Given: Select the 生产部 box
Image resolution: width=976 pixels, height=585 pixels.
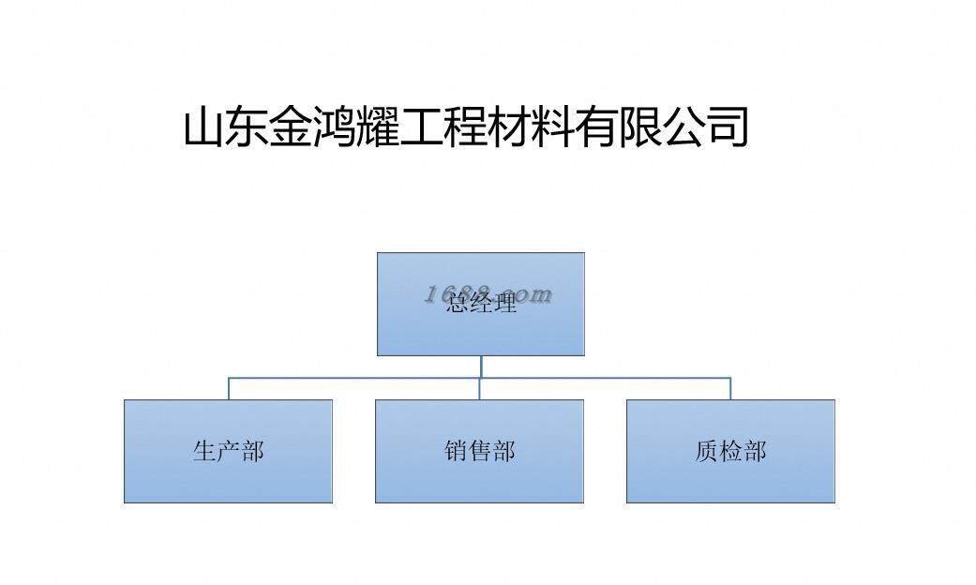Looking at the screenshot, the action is click(x=228, y=451).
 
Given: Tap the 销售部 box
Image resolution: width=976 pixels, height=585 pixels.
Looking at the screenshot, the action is click(x=479, y=451).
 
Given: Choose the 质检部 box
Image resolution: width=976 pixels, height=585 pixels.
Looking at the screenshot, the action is click(x=730, y=451).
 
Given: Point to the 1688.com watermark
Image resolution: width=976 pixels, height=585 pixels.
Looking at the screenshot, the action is click(x=488, y=294).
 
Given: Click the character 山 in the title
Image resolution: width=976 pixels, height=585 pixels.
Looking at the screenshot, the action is click(x=203, y=127).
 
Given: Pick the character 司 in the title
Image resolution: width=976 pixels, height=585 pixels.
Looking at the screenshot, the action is click(x=727, y=127).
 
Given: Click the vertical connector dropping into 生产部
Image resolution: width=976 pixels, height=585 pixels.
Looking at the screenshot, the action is click(x=229, y=388).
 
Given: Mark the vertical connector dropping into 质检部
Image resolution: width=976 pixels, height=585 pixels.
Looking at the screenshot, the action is click(x=730, y=388).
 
